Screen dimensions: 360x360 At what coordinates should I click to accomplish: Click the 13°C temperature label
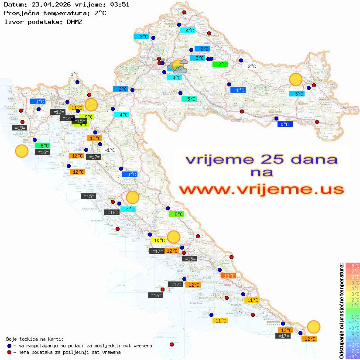(229, 276)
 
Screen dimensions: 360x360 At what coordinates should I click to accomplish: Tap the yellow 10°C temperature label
(158, 240)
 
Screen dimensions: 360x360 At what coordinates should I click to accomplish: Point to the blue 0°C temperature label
(285, 124)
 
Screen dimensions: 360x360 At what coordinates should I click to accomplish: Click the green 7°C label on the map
(220, 65)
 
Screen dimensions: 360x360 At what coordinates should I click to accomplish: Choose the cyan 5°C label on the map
(189, 99)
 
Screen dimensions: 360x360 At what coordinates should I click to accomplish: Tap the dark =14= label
(66, 118)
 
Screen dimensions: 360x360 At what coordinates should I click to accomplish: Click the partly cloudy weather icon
(178, 67)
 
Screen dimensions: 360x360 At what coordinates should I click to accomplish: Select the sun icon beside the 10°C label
(174, 237)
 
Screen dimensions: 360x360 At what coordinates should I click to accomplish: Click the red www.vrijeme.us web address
(261, 190)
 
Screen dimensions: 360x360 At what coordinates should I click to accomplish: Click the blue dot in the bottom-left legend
(9, 346)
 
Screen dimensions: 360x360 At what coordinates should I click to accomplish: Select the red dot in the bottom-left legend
(9, 352)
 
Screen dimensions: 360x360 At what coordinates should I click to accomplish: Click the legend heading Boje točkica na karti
(35, 339)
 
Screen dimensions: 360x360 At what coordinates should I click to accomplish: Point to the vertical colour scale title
(341, 311)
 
